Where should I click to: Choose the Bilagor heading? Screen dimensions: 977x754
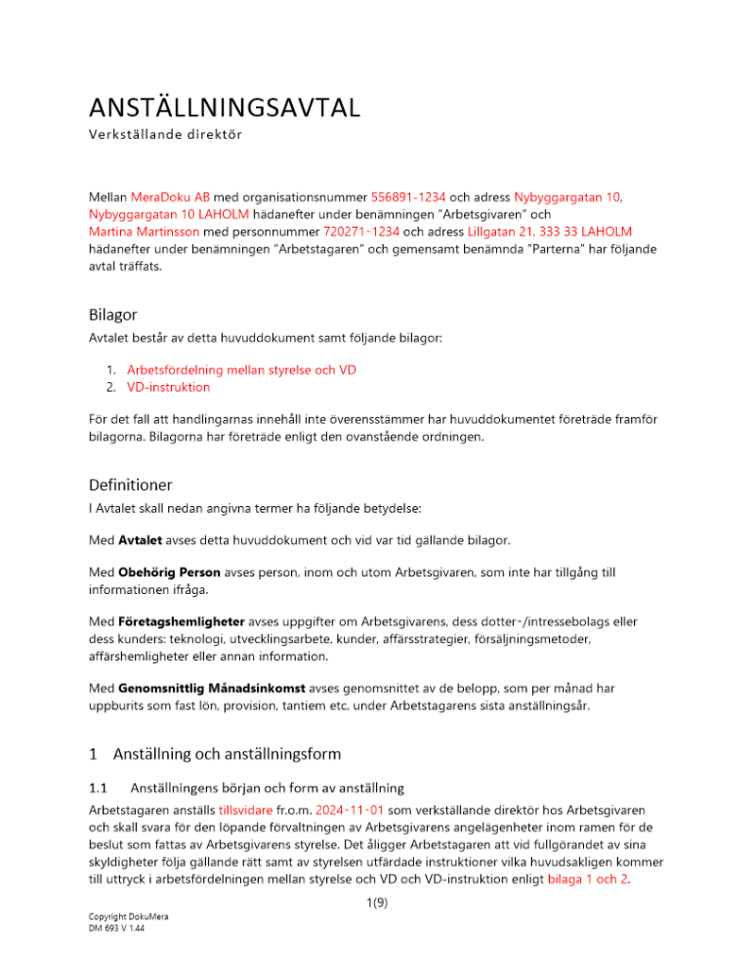115,316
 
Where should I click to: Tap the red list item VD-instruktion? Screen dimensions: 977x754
168,387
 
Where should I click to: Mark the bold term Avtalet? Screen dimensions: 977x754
141,539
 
